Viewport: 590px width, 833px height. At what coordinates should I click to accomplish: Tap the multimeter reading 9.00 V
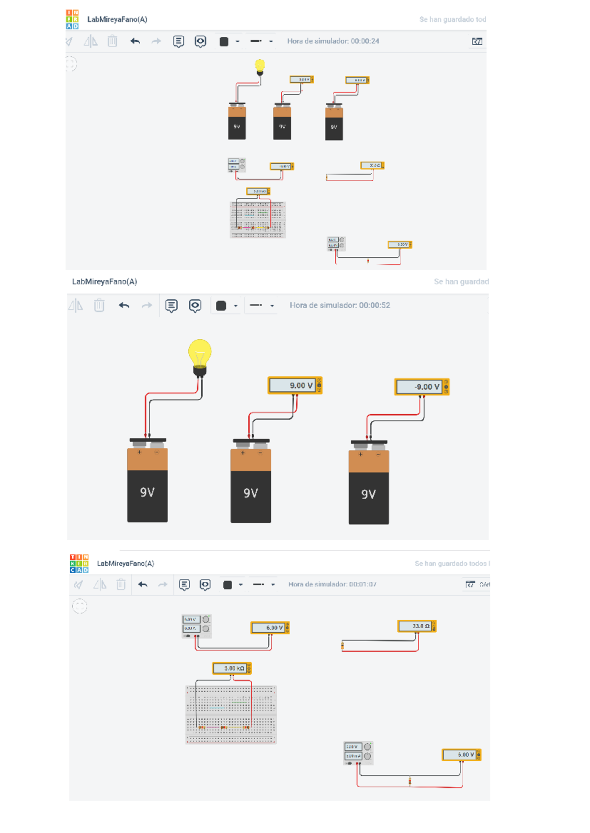pyautogui.click(x=294, y=386)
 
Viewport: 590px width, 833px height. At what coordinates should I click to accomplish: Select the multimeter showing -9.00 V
pyautogui.click(x=421, y=387)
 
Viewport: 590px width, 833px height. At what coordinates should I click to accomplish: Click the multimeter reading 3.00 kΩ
pyautogui.click(x=232, y=668)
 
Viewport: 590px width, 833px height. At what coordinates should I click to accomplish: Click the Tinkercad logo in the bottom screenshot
pyautogui.click(x=79, y=563)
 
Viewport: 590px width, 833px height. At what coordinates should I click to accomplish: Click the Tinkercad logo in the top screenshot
pyautogui.click(x=72, y=19)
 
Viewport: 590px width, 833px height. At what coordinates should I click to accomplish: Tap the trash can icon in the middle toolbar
pyautogui.click(x=99, y=305)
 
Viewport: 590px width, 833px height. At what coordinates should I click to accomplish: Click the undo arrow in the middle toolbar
pyautogui.click(x=124, y=305)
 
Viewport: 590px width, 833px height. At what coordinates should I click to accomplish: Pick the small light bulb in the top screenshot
pyautogui.click(x=260, y=66)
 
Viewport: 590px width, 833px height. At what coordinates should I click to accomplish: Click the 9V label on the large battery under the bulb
pyautogui.click(x=147, y=492)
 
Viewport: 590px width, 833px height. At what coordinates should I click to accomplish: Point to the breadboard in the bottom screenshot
pyautogui.click(x=231, y=715)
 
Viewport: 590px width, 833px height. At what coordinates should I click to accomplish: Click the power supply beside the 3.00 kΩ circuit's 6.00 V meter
pyautogui.click(x=197, y=626)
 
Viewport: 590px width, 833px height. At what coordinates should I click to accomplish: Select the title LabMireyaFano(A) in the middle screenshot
pyautogui.click(x=105, y=282)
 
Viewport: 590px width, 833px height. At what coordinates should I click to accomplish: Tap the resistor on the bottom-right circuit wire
pyautogui.click(x=410, y=780)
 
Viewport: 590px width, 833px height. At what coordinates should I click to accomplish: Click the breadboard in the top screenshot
pyautogui.click(x=258, y=220)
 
